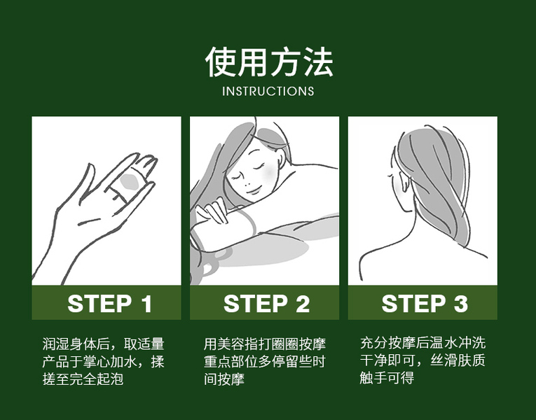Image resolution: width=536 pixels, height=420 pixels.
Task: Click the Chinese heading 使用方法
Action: pos(269,62)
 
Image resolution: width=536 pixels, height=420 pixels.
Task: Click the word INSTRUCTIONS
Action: pos(268,91)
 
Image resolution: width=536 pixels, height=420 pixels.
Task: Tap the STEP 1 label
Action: pos(109,304)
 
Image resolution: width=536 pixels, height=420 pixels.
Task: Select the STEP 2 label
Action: pos(267,304)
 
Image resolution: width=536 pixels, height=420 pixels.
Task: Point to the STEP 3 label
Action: pos(425,304)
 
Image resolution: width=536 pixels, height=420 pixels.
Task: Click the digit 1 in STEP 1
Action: pos(146,304)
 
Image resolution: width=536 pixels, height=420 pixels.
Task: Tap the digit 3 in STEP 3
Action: pos(461,304)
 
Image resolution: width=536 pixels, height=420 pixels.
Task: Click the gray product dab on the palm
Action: pos(130,182)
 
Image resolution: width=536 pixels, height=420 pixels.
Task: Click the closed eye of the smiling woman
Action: pos(259,167)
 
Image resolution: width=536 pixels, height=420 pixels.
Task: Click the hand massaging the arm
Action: pos(212,210)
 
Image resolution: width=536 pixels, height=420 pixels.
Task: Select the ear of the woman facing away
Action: pos(404,181)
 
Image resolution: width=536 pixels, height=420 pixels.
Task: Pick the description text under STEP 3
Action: pos(422,360)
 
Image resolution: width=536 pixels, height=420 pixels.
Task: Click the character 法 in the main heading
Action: pos(318,62)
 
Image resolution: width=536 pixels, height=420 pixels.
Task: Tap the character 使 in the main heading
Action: pos(221,62)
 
